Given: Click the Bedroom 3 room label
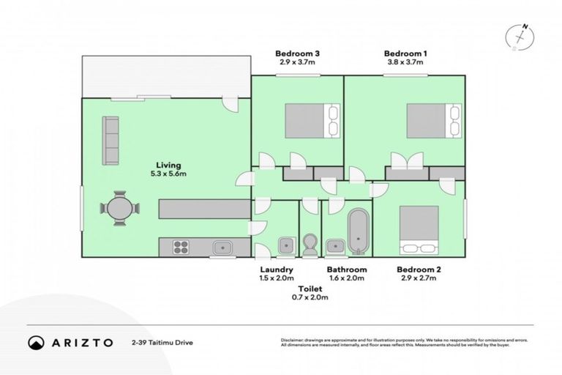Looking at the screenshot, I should pyautogui.click(x=298, y=53).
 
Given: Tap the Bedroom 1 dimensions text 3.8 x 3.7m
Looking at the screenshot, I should pyautogui.click(x=405, y=63).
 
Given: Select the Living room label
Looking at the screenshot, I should pyautogui.click(x=168, y=165).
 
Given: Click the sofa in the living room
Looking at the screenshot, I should pyautogui.click(x=111, y=141).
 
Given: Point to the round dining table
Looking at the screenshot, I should pyautogui.click(x=121, y=208).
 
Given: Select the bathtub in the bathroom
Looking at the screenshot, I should pyautogui.click(x=359, y=232).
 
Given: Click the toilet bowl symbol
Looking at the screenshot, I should pyautogui.click(x=310, y=244).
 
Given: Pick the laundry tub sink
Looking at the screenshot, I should pyautogui.click(x=285, y=245).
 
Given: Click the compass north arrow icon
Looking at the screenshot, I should pyautogui.click(x=520, y=36).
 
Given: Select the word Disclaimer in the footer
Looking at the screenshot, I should pyautogui.click(x=293, y=341).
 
